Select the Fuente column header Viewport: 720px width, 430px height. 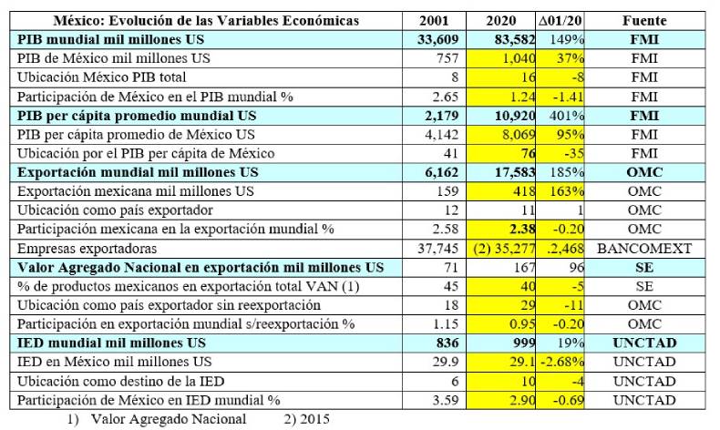644,20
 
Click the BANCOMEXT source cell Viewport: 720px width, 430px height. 644,249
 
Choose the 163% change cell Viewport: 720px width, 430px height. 569,191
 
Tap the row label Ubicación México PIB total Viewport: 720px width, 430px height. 102,77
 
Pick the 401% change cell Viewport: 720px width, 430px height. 569,116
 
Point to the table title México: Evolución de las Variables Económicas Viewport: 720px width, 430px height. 207,20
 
